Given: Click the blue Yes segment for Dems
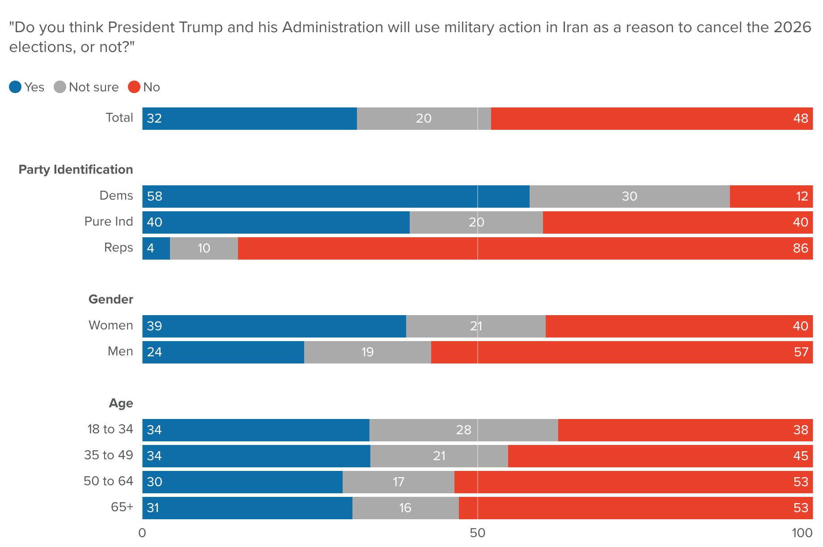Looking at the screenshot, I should pos(335,197).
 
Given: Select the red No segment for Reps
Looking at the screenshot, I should pos(525,248).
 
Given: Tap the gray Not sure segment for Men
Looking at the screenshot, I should pos(368,352).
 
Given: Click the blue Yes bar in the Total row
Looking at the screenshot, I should pos(250,119).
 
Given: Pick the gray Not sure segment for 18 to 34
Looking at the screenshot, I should pos(464,430).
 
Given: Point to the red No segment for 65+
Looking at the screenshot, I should pos(636,508).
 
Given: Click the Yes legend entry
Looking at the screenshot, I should pos(27,87).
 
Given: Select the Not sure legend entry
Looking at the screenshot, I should pos(86,87).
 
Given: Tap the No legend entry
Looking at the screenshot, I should pos(144,87).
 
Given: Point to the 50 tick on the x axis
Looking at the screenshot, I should pos(478,533).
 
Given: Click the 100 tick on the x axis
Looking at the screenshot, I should pos(802,533).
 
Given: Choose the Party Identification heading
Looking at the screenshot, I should pos(76,170).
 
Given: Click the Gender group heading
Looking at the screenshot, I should pos(110,299).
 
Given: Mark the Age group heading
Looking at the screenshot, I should pos(121,403).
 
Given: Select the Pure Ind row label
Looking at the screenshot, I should pos(109,222).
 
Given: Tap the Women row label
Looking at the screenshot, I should pos(110,325).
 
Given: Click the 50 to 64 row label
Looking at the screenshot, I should pos(108,481).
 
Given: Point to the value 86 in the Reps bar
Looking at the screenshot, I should pos(801,248).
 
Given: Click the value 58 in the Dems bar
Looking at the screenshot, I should pos(154,197).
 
